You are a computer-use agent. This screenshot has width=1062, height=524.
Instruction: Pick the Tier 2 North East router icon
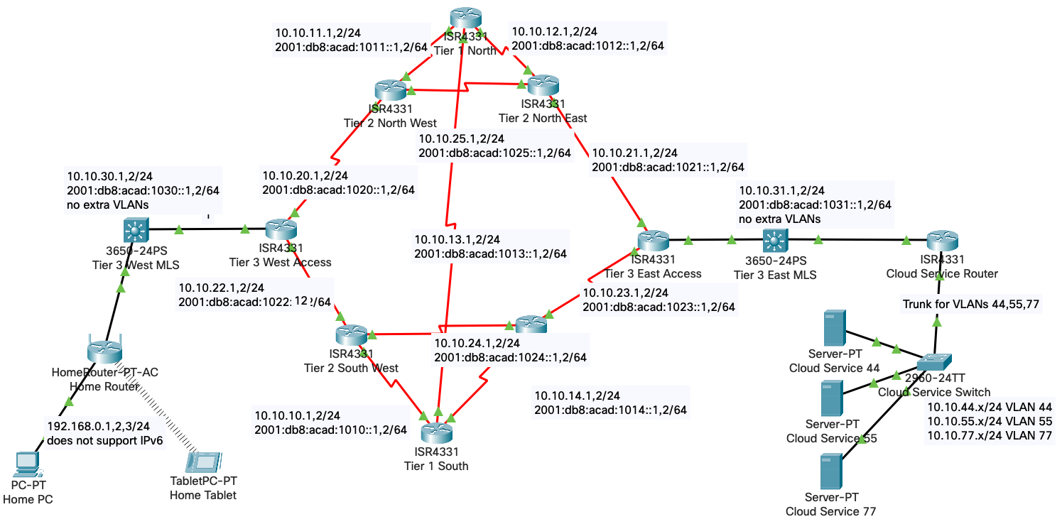point(543,85)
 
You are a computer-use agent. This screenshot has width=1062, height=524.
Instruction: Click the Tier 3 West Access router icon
point(281,230)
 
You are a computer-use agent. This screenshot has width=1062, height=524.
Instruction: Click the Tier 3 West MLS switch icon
point(134,229)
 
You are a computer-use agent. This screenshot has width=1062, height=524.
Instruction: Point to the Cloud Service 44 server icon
point(834,328)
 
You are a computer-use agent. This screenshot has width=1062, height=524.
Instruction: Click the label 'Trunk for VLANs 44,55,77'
point(971,304)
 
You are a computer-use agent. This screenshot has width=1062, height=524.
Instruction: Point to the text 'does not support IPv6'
point(104,441)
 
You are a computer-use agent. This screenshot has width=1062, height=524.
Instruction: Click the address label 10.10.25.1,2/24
point(461,138)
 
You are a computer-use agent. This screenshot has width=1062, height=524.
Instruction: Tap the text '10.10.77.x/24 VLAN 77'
point(990,435)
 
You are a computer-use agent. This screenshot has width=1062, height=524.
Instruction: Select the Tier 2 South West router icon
point(351,335)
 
